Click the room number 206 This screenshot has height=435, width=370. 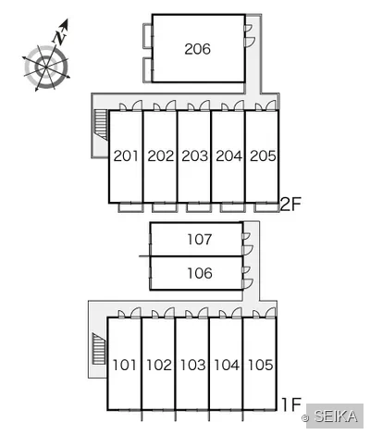coord(198,49)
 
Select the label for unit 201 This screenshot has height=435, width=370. coord(126,155)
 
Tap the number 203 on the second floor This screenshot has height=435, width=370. coord(194,155)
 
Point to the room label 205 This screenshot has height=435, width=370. coord(263,155)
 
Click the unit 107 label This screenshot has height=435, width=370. coord(200,240)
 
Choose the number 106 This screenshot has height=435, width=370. coord(200,273)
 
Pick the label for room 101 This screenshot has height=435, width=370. coord(124,365)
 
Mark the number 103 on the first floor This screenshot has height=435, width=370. coord(192,365)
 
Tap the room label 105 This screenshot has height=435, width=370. coord(261,365)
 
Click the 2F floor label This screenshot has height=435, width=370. coord(290,205)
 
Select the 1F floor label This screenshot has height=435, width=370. coord(291,404)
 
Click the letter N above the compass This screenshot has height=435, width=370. coord(60,36)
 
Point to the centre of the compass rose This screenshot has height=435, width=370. coord(46,67)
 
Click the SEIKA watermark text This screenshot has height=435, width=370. coord(336,416)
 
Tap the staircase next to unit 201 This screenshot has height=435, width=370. coord(101,125)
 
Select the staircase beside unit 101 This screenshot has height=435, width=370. coord(99,349)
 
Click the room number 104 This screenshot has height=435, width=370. coord(227,365)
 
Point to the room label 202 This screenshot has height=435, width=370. coord(161,155)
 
